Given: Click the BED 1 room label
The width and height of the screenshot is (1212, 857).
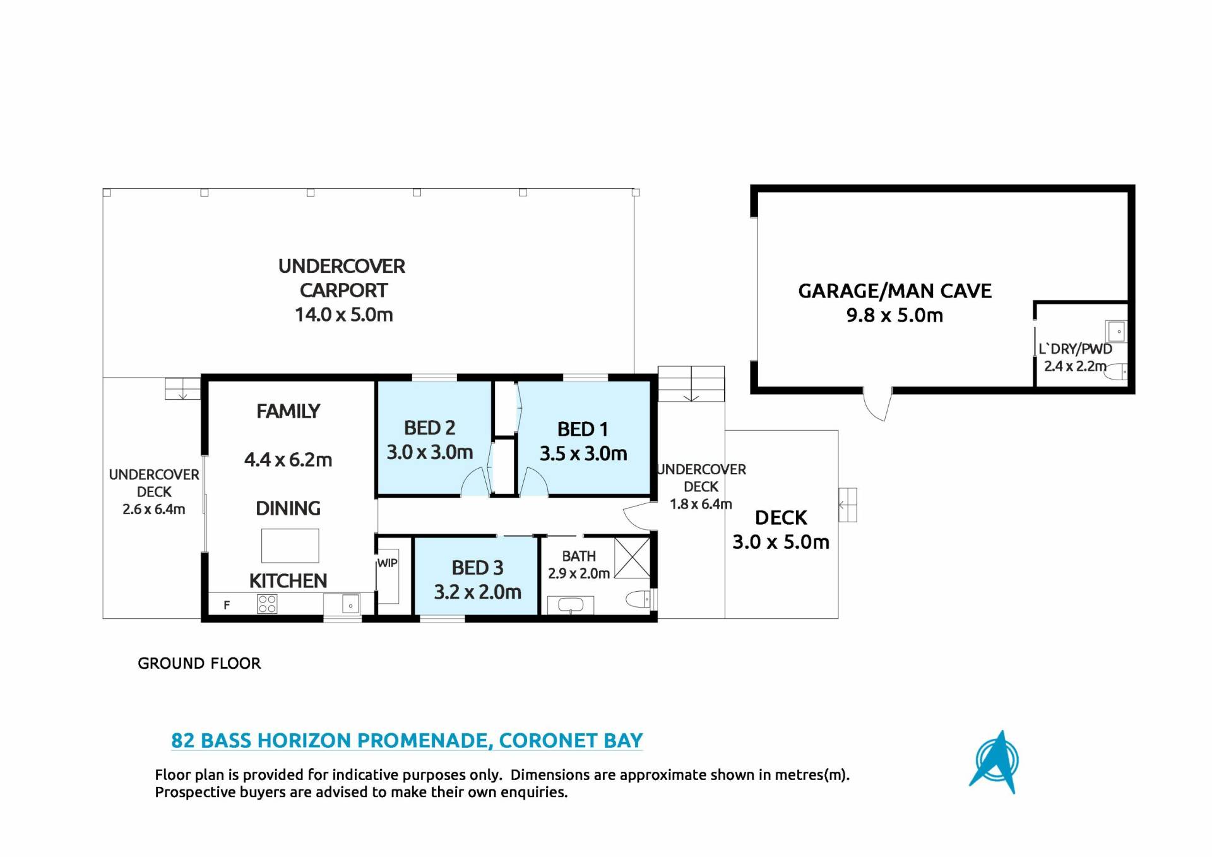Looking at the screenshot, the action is (x=583, y=429).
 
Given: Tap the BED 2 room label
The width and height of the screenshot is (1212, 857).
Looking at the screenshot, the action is (x=429, y=428).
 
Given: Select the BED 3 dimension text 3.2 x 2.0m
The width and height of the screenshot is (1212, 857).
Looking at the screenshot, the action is (x=478, y=592).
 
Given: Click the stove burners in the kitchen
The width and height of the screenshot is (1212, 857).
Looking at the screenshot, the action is (x=267, y=604).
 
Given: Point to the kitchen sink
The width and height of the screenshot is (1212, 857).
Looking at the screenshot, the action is (x=350, y=605).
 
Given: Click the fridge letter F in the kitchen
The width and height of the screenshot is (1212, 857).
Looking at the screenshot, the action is (x=227, y=605).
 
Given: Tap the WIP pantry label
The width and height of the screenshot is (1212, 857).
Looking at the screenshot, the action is (x=387, y=563).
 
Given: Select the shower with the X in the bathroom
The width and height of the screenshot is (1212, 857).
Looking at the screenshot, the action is (x=633, y=556).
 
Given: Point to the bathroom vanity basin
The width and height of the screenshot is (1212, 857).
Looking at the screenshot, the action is (x=571, y=605).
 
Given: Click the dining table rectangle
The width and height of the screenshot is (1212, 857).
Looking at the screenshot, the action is (x=290, y=546).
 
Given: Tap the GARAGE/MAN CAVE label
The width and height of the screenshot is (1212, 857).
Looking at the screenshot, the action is (x=895, y=291).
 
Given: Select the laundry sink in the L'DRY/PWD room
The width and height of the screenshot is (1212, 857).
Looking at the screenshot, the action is (x=1116, y=331).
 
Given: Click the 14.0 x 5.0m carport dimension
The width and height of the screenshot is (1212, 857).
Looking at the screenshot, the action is (x=344, y=315).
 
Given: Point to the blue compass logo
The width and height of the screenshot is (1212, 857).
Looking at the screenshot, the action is (x=996, y=763).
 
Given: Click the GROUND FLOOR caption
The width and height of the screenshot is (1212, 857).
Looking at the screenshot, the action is (x=199, y=663).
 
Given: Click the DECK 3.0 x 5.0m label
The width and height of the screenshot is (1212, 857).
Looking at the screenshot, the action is (x=781, y=530).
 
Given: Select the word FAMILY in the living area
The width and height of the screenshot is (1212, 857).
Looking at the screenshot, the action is (x=288, y=411).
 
